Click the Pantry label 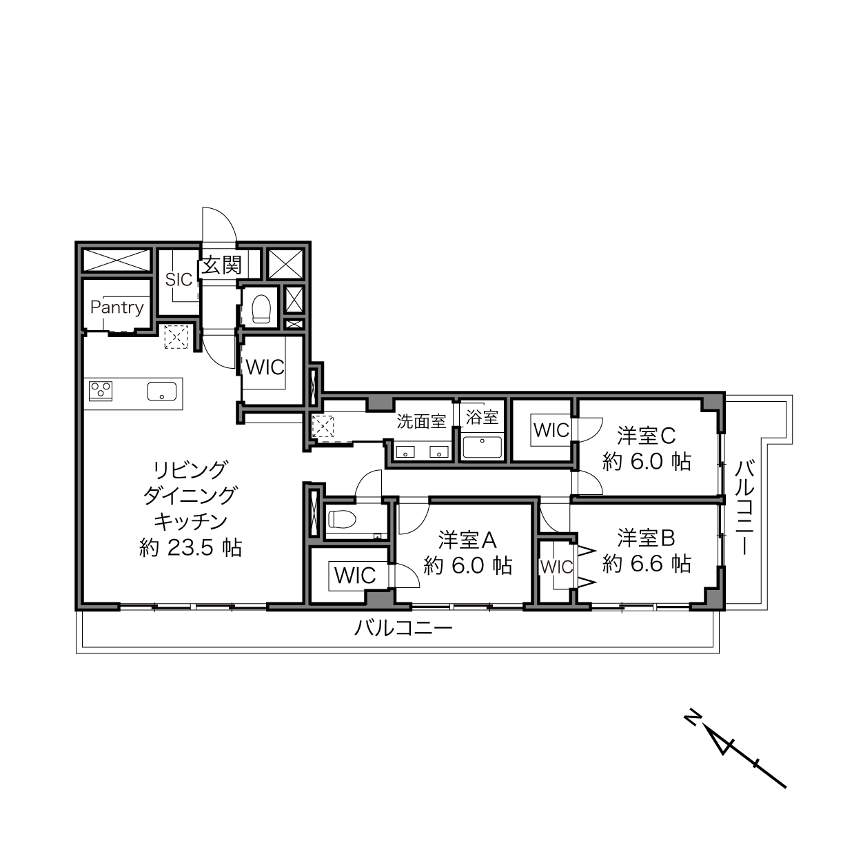(x=117, y=307)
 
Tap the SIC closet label (x=179, y=279)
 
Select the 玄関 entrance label (x=221, y=265)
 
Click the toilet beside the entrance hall (x=261, y=309)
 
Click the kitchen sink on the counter (x=162, y=392)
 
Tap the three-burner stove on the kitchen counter (x=101, y=391)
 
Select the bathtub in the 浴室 (x=482, y=447)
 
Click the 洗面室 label (x=421, y=421)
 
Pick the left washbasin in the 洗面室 (x=405, y=452)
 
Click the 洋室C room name (x=647, y=436)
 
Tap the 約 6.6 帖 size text (x=647, y=563)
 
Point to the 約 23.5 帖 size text (x=191, y=547)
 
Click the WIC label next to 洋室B (x=556, y=567)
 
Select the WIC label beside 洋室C (x=551, y=430)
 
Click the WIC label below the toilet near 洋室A (x=355, y=576)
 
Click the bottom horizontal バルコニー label (x=403, y=629)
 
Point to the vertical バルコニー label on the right (x=744, y=507)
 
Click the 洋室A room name (x=467, y=540)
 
